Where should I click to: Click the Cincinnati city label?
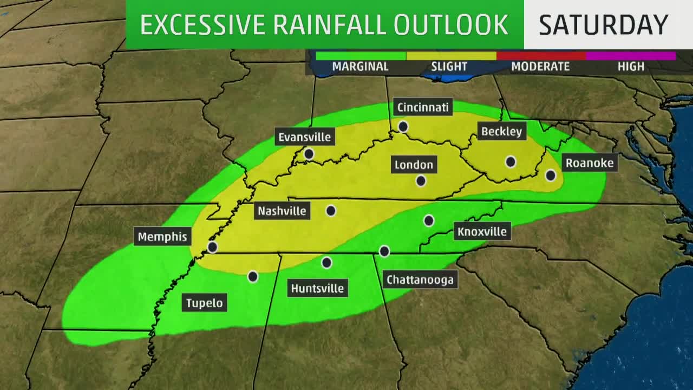click(x=423, y=107)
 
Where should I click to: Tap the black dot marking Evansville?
click(x=309, y=154)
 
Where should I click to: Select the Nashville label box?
click(x=282, y=211)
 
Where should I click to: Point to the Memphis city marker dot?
click(x=213, y=247)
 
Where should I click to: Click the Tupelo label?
click(x=204, y=303)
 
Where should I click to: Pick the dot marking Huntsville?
click(x=326, y=263)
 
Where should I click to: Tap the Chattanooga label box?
click(x=420, y=279)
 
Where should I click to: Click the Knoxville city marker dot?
click(x=429, y=220)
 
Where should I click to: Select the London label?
click(x=414, y=165)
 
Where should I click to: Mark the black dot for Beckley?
click(x=511, y=161)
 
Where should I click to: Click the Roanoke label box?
click(x=589, y=162)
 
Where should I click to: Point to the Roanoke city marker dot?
click(x=551, y=175)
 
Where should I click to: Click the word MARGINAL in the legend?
click(x=360, y=67)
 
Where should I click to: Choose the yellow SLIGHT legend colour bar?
click(x=451, y=56)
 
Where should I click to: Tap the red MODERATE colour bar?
click(x=541, y=56)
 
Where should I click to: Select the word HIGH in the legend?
click(x=631, y=67)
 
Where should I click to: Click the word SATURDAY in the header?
click(x=603, y=24)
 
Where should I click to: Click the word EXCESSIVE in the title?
click(x=202, y=24)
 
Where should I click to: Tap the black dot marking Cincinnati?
click(x=403, y=126)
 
